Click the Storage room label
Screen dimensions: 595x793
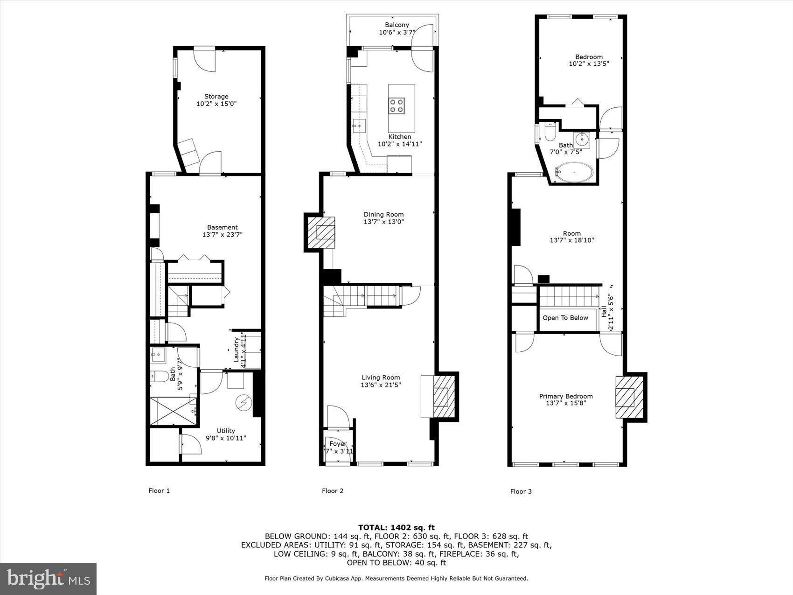pos(216,97)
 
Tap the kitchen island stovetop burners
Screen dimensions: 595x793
pos(397,106)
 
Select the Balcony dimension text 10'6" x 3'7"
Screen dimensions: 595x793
pos(396,33)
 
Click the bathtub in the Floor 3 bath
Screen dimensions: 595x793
pos(574,173)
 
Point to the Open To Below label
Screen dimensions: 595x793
pos(565,318)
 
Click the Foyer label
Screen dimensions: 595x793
pos(338,444)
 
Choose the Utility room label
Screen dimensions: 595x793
pos(226,431)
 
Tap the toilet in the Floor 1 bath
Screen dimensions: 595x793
pos(159,376)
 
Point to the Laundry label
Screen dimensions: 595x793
pos(236,350)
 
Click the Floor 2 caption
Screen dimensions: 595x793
pos(333,491)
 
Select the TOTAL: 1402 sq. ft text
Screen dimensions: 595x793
pos(396,528)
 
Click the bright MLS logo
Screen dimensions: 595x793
pos(49,579)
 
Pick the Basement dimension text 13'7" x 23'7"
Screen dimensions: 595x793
pos(222,235)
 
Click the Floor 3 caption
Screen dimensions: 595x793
pos(521,491)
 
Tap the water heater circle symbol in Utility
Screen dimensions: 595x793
pos(243,402)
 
